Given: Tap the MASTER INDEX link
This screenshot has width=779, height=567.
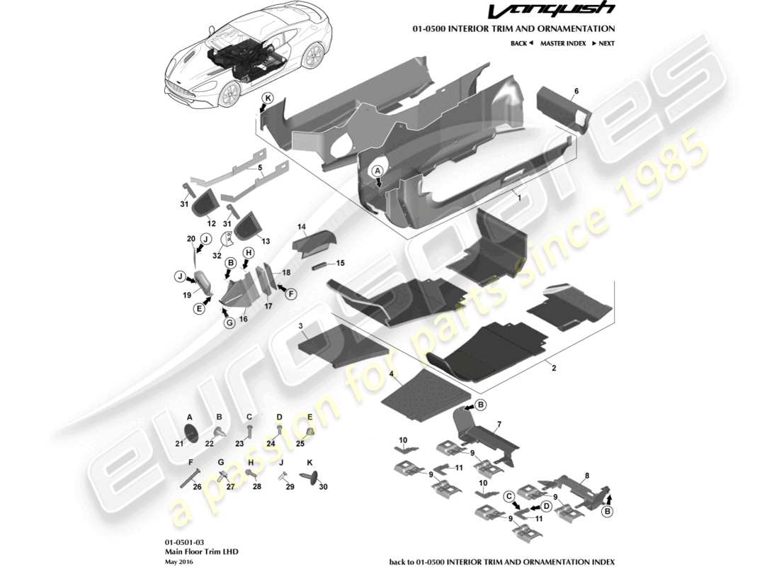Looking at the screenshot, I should (562, 43).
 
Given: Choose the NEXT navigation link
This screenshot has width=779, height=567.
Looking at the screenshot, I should (603, 43).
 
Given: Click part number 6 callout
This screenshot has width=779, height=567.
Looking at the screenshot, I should (576, 91).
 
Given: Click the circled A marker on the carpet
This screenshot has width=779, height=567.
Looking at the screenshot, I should (377, 171).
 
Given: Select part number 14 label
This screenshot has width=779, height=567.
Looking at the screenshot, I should (301, 228).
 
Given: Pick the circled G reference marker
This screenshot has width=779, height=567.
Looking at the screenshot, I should (229, 323).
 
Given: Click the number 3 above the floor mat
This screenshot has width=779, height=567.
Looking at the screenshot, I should (301, 325).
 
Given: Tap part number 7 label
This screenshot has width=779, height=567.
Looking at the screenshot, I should (499, 424).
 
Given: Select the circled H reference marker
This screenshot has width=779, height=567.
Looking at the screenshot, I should (249, 253).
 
